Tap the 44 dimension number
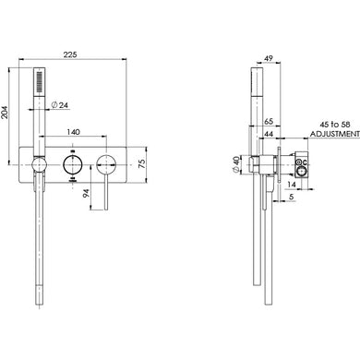268,136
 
